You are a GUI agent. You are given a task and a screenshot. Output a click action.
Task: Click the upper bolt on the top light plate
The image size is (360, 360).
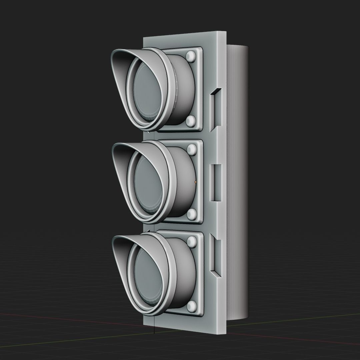(191, 56)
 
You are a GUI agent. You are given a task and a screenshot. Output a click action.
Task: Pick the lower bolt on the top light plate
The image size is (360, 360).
(191, 121)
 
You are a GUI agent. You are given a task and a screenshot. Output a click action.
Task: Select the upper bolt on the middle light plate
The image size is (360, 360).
(192, 148)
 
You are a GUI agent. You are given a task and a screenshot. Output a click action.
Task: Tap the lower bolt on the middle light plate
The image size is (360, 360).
(192, 214)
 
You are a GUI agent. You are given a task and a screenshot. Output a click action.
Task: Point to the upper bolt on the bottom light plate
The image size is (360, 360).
(192, 241)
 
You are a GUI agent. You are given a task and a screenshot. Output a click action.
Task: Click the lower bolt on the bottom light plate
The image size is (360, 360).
(192, 306)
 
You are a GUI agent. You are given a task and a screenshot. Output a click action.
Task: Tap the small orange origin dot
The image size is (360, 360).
(195, 182)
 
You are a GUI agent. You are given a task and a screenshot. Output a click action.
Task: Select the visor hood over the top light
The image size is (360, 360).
(120, 70)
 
